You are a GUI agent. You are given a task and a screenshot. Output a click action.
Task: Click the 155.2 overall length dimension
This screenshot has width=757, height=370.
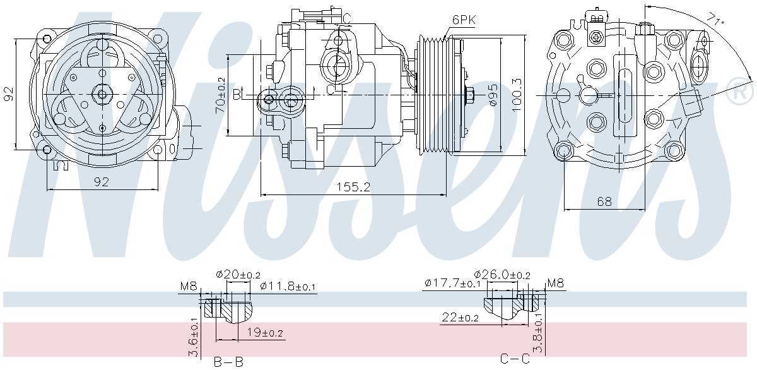(353, 187)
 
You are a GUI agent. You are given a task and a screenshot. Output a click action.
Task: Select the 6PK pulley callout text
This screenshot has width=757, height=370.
(464, 20)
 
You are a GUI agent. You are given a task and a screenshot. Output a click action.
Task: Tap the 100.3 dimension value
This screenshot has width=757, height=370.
(517, 95)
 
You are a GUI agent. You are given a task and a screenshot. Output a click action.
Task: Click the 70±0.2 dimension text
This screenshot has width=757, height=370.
(220, 92)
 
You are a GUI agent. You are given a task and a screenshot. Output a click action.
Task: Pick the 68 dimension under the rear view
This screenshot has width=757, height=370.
(604, 201)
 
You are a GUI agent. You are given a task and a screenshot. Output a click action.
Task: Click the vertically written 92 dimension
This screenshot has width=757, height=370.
(8, 94)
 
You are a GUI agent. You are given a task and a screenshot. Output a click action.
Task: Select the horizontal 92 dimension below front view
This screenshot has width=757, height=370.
(102, 182)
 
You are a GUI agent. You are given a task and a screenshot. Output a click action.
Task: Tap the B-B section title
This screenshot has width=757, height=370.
(227, 362)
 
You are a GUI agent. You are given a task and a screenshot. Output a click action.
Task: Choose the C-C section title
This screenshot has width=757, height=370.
(515, 359)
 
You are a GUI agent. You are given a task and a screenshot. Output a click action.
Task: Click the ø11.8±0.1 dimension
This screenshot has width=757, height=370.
(288, 287)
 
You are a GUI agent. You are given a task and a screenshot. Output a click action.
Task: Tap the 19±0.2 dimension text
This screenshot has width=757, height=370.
(264, 332)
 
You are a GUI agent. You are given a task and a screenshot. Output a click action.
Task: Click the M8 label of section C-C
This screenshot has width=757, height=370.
(556, 283)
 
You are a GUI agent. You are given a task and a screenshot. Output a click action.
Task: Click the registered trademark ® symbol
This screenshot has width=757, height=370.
(741, 93)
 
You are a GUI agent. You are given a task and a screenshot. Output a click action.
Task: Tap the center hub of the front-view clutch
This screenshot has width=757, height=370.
(102, 95)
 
